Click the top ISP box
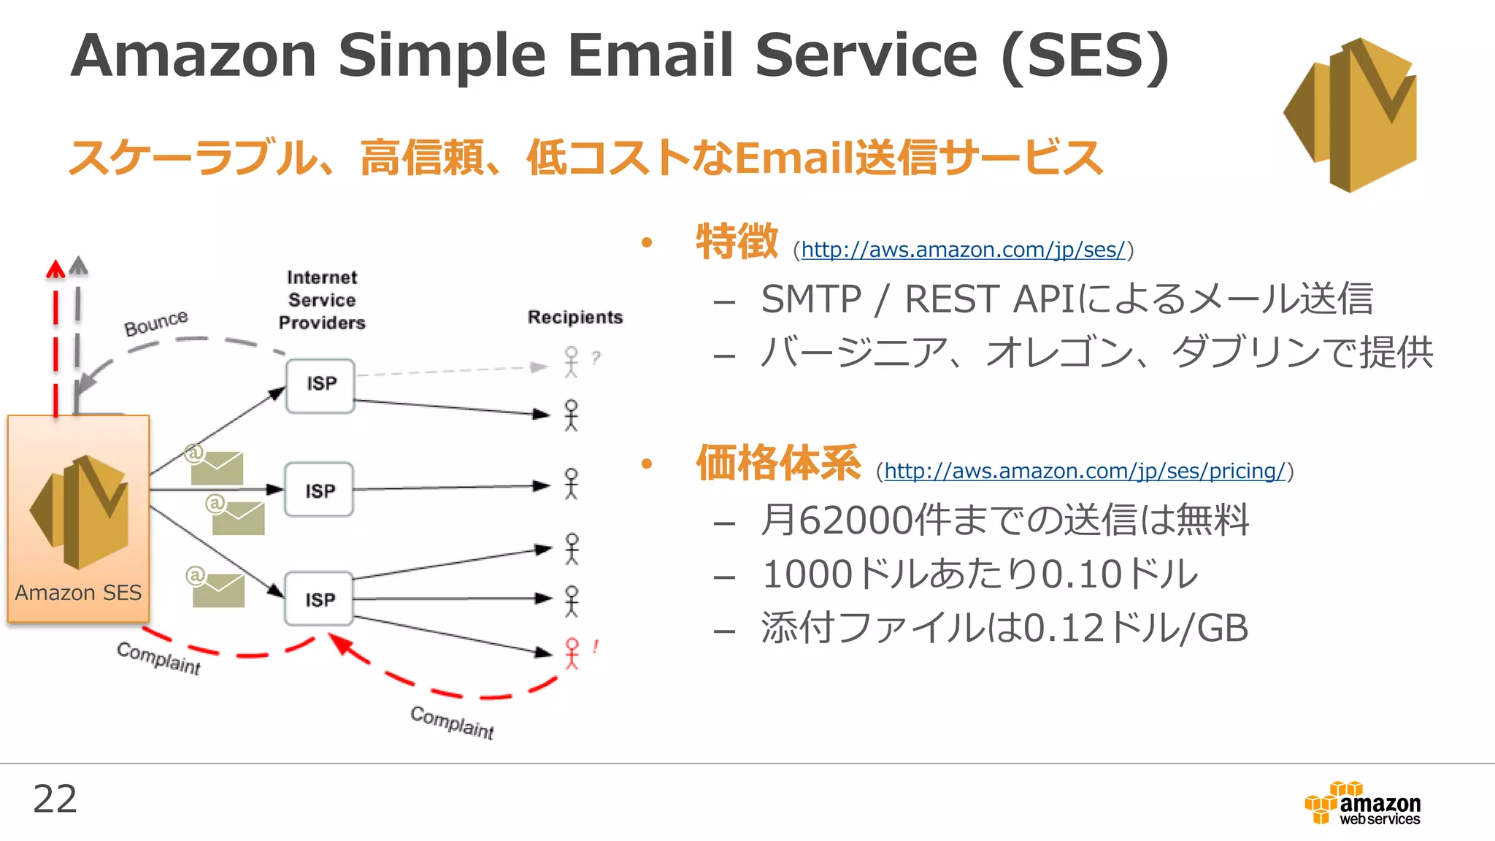click(x=320, y=385)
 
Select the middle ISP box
click(x=319, y=490)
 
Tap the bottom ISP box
click(x=319, y=599)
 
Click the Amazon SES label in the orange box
click(x=78, y=592)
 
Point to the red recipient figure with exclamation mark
click(x=572, y=653)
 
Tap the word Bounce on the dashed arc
click(x=155, y=323)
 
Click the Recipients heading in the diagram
click(x=575, y=317)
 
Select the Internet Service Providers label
click(x=322, y=300)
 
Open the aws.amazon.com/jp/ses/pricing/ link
click(x=1084, y=471)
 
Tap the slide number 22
click(x=55, y=799)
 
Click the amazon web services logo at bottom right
click(x=1363, y=804)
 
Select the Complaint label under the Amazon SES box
click(x=158, y=658)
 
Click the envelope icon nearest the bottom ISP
click(x=218, y=589)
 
